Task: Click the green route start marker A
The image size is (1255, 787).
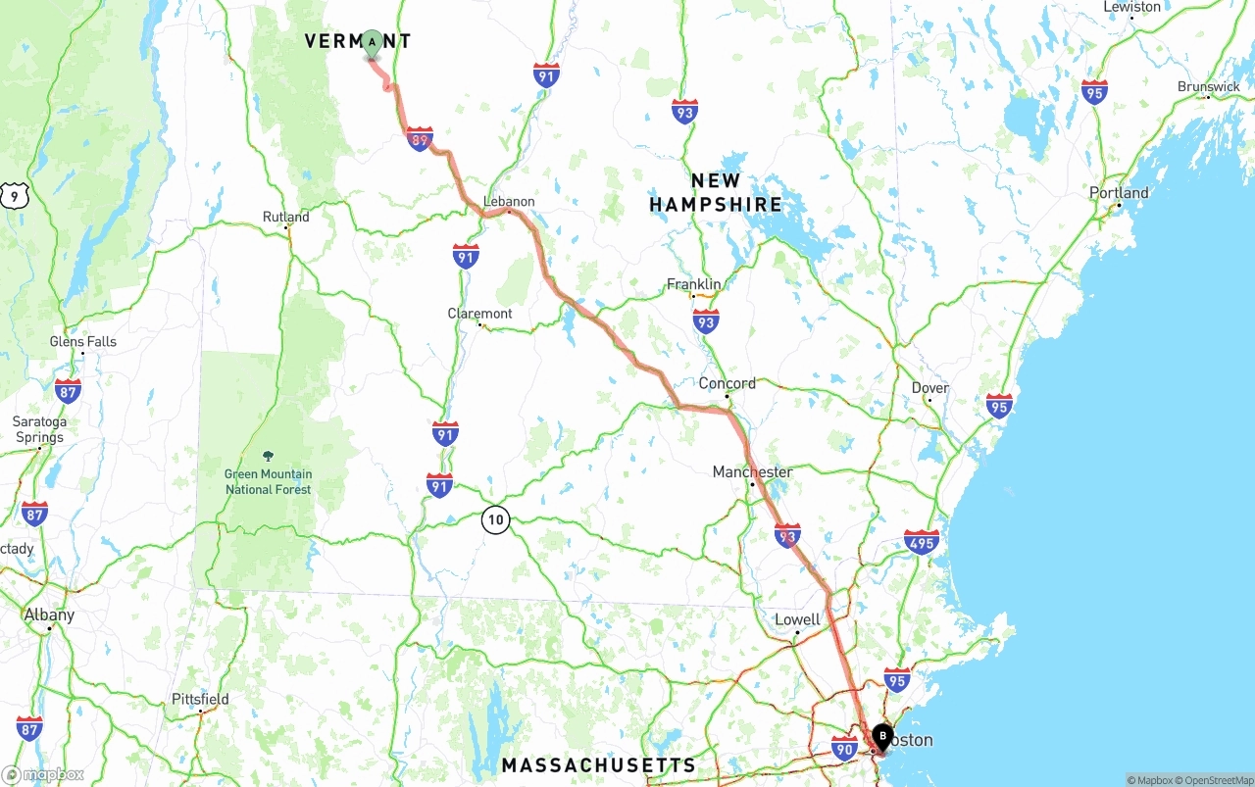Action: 372,42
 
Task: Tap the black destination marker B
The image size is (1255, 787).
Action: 881,736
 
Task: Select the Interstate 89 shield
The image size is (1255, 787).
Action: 420,139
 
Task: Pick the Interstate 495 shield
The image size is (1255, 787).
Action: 922,542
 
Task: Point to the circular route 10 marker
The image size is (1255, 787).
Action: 496,519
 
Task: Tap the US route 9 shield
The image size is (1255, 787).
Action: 14,195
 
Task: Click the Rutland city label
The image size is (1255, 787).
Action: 285,217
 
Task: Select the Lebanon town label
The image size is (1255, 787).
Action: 509,202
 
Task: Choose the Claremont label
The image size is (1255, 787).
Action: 479,314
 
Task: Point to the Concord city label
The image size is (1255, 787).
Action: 727,383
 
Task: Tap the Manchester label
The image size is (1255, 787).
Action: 752,472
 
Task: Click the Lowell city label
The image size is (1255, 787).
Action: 797,619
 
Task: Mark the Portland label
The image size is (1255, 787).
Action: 1119,193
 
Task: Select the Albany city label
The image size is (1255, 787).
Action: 49,615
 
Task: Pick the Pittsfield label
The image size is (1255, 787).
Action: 200,699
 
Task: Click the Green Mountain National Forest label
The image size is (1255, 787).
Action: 268,482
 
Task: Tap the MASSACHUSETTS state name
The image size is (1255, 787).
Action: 598,765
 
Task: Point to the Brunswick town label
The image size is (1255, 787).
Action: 1209,87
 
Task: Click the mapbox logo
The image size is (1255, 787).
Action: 44,774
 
